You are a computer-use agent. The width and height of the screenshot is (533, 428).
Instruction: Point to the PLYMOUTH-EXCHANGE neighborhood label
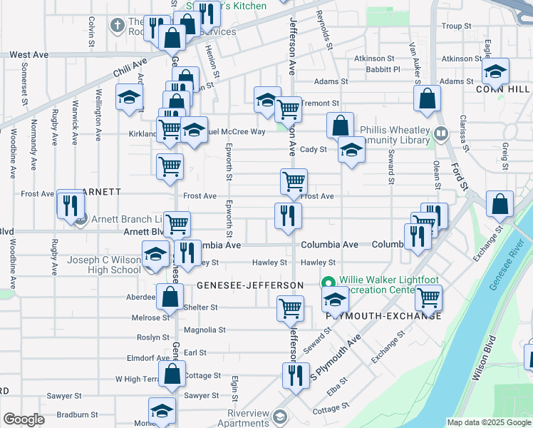point(384,316)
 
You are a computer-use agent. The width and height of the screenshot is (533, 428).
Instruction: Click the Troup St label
point(452,26)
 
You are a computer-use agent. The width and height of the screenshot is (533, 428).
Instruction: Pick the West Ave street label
point(29,55)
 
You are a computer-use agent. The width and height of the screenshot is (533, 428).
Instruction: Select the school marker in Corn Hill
point(495,71)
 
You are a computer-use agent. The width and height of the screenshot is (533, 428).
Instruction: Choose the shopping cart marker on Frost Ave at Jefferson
point(294,182)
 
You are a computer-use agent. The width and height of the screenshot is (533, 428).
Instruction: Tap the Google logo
point(24,420)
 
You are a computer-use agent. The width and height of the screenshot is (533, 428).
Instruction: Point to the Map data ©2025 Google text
point(488,422)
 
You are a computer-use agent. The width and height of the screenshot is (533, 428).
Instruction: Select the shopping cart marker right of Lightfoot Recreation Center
point(428,297)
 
